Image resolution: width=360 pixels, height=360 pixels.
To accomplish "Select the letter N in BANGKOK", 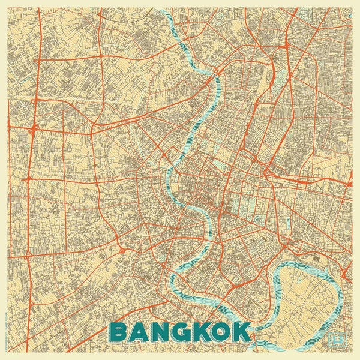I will coord(160,332).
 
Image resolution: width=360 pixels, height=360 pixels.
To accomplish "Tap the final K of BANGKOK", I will coord(241,332).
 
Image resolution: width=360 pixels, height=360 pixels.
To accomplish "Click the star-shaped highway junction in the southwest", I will coord(121,248).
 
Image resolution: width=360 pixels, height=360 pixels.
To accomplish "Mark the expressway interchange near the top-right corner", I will coord(287,44).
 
